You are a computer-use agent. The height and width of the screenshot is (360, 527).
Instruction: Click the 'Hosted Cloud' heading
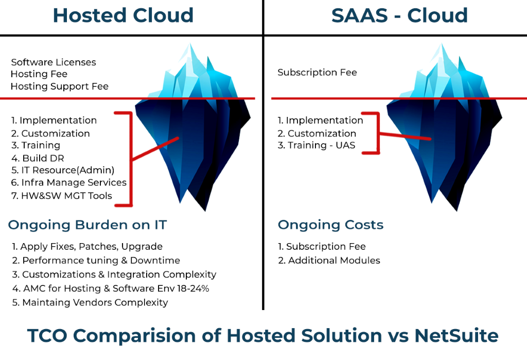pos(123,15)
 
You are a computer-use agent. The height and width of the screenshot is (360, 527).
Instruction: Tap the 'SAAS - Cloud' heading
pos(399,15)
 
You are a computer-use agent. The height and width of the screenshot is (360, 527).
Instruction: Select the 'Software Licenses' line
pos(54,62)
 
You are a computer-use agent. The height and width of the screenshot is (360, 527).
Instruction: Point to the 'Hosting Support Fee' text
pos(60,87)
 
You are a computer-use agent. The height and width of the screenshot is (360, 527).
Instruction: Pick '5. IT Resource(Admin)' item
pos(63,170)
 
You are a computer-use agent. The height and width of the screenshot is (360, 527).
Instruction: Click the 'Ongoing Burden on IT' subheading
pos(87,225)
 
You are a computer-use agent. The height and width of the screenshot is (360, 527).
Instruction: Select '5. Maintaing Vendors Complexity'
pos(90,302)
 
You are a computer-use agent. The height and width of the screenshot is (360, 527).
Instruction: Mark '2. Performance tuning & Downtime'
pos(96,261)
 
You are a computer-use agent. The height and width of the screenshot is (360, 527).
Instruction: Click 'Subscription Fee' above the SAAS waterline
pos(317,73)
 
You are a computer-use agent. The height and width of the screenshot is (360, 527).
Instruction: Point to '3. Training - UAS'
pos(317,146)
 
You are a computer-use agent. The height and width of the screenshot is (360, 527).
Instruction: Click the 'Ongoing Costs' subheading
pos(330,225)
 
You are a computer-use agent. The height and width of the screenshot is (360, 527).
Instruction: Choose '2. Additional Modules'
pos(329,261)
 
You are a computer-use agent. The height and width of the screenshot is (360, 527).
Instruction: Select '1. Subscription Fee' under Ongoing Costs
pos(322,247)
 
